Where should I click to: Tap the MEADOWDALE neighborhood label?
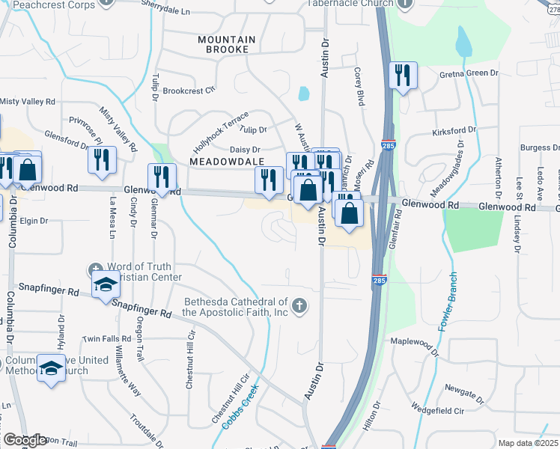point(222,161)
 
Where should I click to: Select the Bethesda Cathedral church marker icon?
point(299,304)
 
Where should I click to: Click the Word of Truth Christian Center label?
point(144,272)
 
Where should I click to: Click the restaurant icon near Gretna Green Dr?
point(403,75)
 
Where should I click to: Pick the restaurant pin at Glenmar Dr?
point(162,177)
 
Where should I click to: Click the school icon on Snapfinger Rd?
point(105,285)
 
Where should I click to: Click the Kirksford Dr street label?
point(454,132)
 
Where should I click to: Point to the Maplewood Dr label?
point(413,341)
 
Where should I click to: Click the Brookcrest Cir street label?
point(189,90)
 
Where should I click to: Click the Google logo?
point(25,440)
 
